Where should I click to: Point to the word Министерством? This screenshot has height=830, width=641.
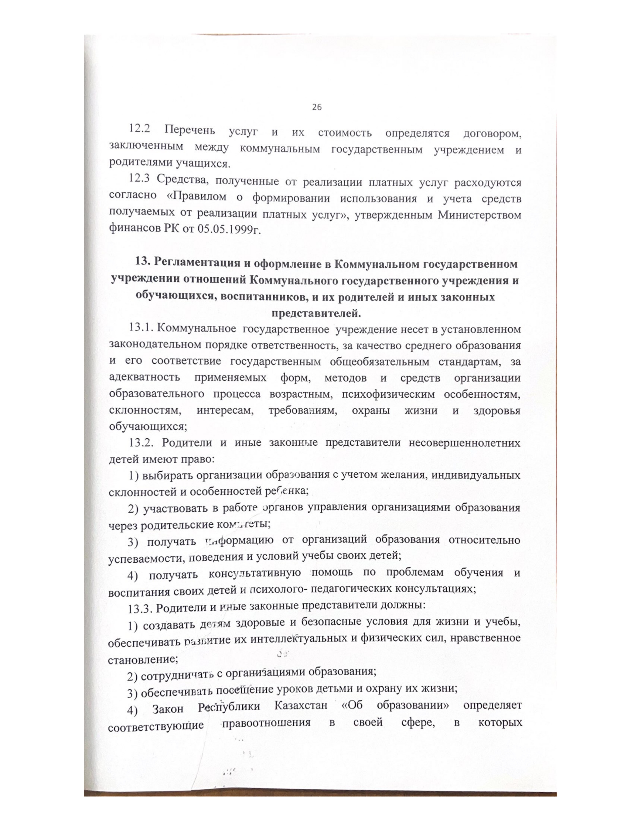click(x=480, y=215)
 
